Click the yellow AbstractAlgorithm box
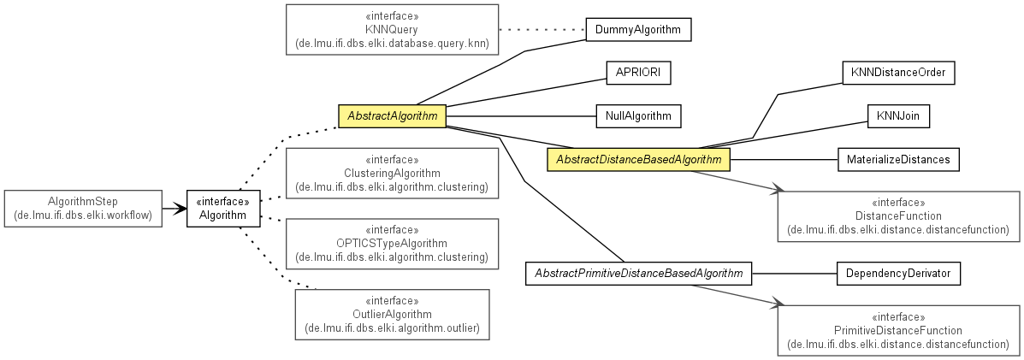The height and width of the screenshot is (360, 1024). [x=392, y=116]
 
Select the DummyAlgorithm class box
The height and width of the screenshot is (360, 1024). [x=638, y=29]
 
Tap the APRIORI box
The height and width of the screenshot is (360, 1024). [x=638, y=73]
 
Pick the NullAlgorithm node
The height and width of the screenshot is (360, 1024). [x=638, y=116]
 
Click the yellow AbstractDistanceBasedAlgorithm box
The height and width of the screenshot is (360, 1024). [x=638, y=159]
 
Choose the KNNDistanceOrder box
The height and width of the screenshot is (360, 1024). [x=898, y=73]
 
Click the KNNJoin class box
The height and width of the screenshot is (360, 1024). [x=898, y=116]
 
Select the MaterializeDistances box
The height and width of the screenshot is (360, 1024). [x=898, y=159]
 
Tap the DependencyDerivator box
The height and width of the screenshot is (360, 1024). [x=898, y=273]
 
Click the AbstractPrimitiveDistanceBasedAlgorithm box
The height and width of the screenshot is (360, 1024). [x=638, y=273]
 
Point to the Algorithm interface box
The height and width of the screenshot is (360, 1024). [x=222, y=209]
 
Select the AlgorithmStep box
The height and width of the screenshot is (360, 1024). [x=83, y=209]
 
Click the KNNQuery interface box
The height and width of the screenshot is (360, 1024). [x=392, y=29]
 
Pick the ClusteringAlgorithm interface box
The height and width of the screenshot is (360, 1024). [x=392, y=173]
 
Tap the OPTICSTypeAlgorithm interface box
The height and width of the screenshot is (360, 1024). [x=392, y=244]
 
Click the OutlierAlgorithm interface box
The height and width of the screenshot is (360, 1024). [x=392, y=315]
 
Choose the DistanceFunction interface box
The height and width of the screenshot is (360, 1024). [x=898, y=216]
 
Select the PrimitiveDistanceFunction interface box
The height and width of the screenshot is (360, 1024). [x=898, y=330]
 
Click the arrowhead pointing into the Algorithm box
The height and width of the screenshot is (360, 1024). [x=181, y=209]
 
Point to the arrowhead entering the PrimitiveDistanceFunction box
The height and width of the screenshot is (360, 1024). [x=776, y=304]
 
